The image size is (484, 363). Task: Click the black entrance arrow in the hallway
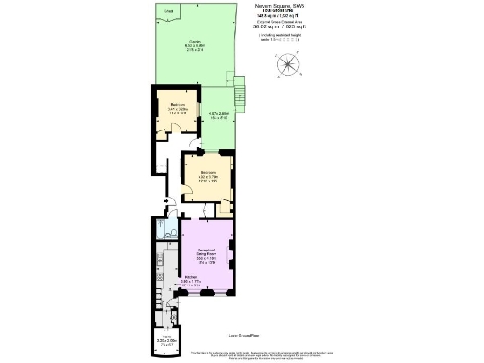166,200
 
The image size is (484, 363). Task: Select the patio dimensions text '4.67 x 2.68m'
218,115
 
